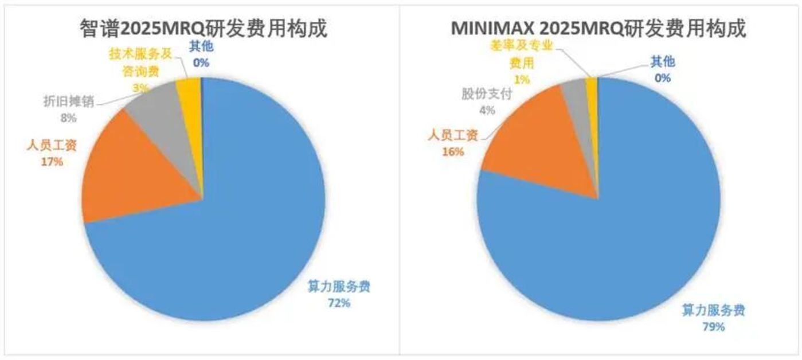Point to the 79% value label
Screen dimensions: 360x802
(713, 327)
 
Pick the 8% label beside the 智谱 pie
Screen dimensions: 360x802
(68, 118)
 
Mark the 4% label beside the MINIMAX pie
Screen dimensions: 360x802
(487, 110)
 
